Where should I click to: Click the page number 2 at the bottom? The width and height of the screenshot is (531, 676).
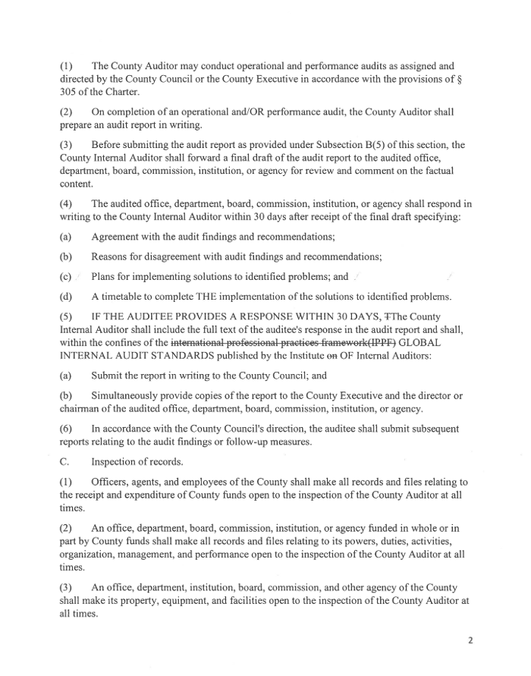[470, 640]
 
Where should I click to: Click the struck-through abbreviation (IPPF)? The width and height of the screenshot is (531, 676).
[380, 341]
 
